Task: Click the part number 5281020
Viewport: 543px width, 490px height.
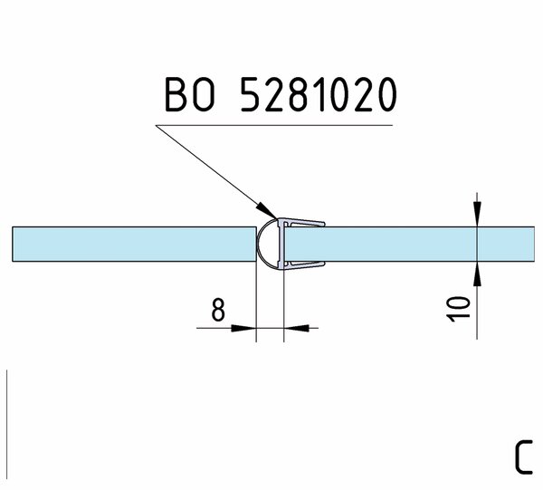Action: tap(319, 94)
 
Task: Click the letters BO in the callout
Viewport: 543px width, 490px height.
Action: tap(190, 94)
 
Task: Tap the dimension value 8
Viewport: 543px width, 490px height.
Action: tap(218, 310)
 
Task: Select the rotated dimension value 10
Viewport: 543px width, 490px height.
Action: tap(459, 309)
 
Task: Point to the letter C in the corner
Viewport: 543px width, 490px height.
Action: tap(523, 457)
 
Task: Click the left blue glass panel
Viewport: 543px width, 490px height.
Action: tap(134, 244)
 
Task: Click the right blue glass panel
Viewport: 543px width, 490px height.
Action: tap(410, 244)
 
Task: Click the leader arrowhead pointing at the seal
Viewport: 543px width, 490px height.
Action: tap(267, 210)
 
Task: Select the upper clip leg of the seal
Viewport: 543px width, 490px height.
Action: tap(305, 223)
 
